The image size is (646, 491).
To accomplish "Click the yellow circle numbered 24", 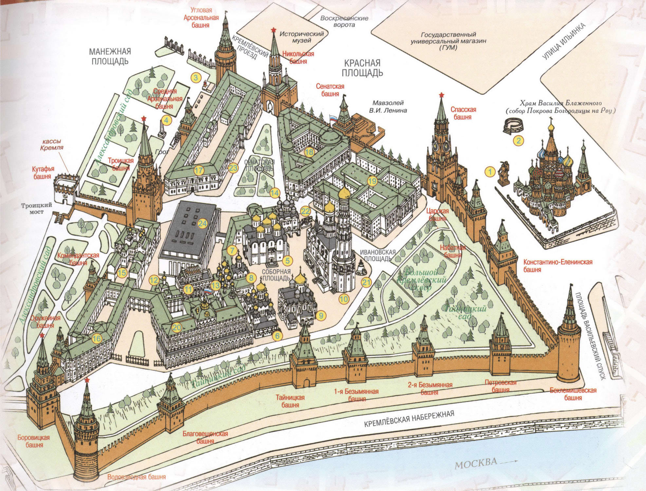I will click(202, 224).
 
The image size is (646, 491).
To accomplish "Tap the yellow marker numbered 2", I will click(518, 141).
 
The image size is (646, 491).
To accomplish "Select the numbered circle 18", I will click(309, 152).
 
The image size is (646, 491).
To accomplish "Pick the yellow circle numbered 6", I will click(277, 336).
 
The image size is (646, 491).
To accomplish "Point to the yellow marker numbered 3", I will click(196, 78).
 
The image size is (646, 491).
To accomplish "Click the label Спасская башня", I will click(463, 113).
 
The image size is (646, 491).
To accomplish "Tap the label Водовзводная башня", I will click(137, 477).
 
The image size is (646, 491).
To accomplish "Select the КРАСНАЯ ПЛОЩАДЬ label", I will click(362, 67).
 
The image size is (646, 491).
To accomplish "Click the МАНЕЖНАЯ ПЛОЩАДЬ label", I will click(110, 56).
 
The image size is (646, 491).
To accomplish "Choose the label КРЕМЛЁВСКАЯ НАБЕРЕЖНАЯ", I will click(409, 419).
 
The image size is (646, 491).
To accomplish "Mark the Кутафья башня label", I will click(43, 172).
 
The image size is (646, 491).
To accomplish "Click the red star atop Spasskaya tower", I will click(441, 95).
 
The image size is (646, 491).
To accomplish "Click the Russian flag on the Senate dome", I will click(332, 118).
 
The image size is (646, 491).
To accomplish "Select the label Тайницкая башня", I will click(290, 401).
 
